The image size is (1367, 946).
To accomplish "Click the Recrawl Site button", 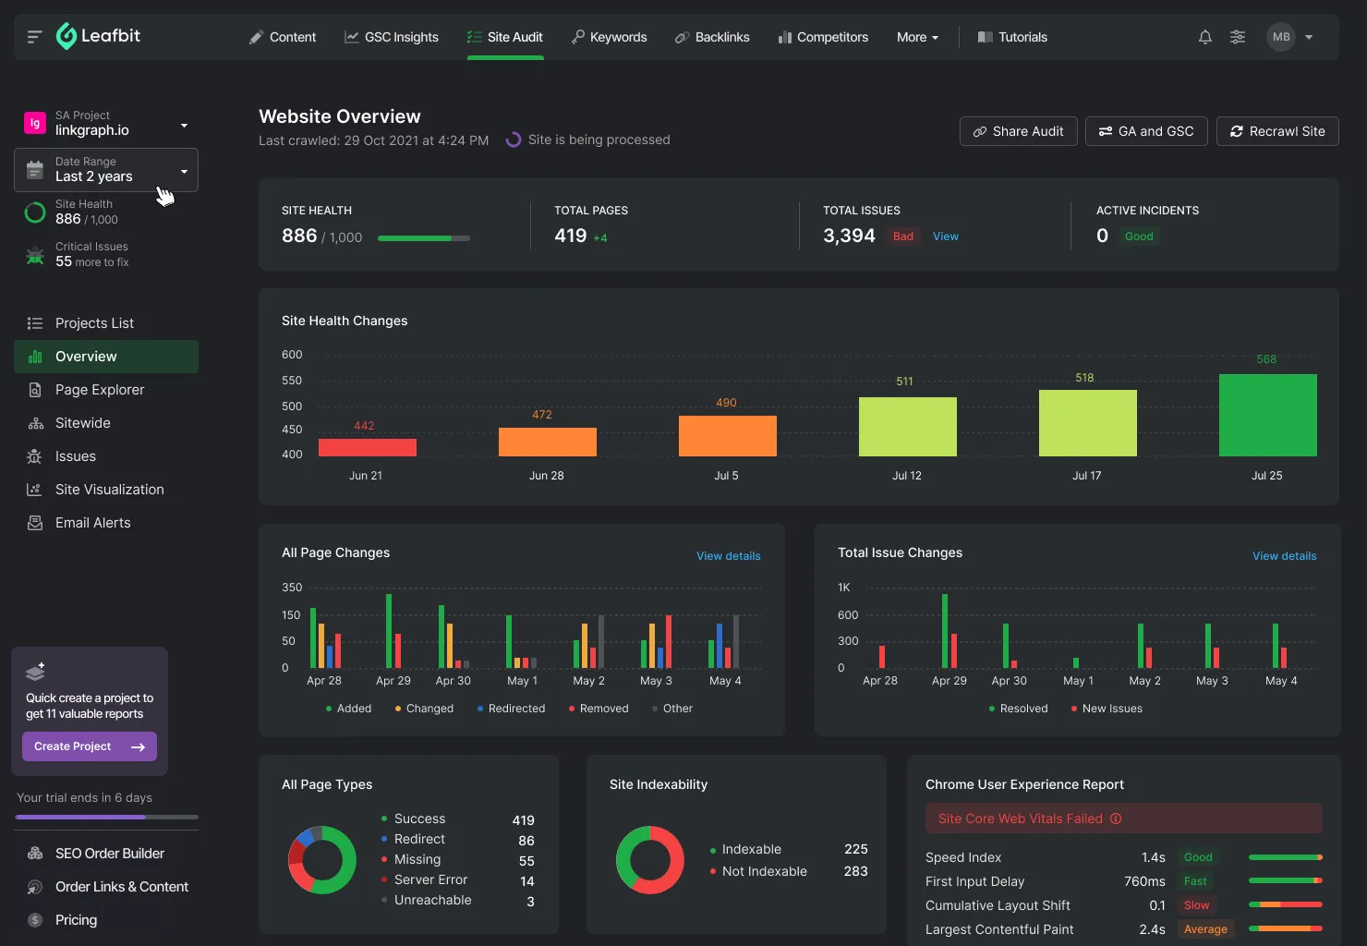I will (x=1277, y=131).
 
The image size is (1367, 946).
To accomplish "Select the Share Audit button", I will (x=1017, y=131).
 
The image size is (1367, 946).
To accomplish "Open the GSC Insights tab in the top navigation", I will (x=392, y=37).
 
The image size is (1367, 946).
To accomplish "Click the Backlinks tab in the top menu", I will (x=712, y=37).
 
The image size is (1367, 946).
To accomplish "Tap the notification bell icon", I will (x=1204, y=37).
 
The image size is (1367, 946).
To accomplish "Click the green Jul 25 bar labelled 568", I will (x=1267, y=415).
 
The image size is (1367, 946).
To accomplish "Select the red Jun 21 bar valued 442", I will (x=367, y=447).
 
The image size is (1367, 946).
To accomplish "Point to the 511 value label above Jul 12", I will (x=904, y=382).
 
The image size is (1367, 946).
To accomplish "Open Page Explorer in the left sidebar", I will (x=100, y=390).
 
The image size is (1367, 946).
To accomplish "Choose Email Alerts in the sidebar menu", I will (x=92, y=523).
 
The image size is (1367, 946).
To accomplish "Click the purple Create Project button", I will (x=89, y=746).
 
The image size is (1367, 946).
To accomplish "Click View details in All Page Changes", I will (x=728, y=556).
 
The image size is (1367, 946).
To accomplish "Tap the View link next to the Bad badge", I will (x=945, y=236).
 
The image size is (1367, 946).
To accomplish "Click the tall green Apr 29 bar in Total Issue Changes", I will (x=945, y=630).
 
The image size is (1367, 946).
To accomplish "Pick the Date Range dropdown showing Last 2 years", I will (x=106, y=170).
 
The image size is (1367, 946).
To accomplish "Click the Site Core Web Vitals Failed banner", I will (x=1123, y=819).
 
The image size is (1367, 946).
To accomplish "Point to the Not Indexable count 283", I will (x=855, y=871).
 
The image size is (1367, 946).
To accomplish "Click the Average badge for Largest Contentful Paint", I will (x=1205, y=929).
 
